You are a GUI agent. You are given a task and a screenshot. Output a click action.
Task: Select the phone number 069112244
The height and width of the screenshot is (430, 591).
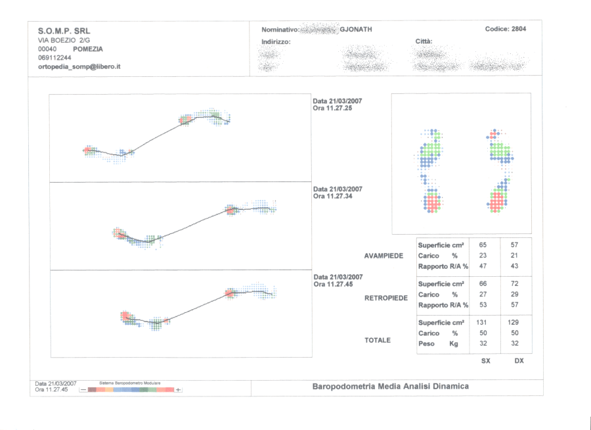point(55,58)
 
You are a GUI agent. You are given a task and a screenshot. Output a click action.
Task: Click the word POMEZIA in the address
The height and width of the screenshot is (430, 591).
point(87,49)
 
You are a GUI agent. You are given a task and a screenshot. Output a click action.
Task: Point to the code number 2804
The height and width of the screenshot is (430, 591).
point(515,29)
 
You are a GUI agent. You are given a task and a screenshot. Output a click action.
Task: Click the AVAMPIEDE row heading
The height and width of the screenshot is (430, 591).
point(383,255)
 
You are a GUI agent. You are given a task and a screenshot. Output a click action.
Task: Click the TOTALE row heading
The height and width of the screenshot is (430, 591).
point(378,341)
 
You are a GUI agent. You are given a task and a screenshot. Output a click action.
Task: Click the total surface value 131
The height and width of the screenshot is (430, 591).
point(483,323)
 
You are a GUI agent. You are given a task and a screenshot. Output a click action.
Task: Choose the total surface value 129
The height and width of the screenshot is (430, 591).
point(514,323)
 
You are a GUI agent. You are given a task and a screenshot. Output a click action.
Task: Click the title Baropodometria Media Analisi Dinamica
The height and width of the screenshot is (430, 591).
point(390,387)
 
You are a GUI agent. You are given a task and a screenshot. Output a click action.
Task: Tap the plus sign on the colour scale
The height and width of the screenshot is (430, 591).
point(178,390)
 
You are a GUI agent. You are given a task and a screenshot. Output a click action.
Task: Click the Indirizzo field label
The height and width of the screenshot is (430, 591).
point(276,41)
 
